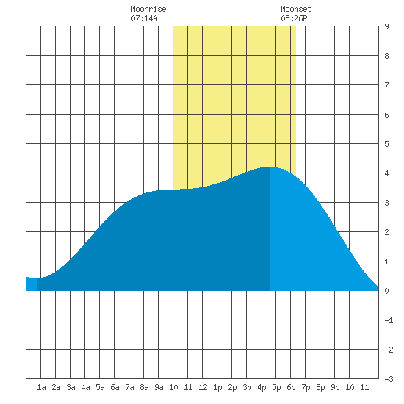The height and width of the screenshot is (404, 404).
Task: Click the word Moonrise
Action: click(148, 9)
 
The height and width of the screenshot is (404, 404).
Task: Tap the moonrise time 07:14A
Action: click(144, 18)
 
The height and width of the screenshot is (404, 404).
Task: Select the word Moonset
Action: click(296, 9)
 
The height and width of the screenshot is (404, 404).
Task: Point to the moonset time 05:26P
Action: click(294, 18)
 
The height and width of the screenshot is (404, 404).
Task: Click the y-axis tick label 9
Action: click(386, 26)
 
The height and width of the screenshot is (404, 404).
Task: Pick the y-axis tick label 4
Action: click(386, 173)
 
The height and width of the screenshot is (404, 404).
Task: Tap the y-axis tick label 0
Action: click(386, 291)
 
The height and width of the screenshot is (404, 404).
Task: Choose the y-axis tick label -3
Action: click(389, 379)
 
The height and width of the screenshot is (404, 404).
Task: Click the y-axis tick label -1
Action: click(389, 320)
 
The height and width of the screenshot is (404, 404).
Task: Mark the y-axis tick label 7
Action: click(386, 85)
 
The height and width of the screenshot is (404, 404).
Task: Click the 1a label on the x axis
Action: click(41, 387)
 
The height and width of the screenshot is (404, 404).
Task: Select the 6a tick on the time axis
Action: click(115, 387)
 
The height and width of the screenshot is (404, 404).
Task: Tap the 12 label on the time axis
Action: click(203, 387)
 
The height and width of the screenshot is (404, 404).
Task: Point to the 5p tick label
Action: click(276, 387)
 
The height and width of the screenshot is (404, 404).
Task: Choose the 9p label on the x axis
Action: click(335, 387)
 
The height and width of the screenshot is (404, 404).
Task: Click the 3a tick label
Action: click(71, 387)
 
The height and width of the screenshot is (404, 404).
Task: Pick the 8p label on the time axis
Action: click(320, 387)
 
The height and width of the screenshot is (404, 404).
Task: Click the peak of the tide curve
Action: click(269, 167)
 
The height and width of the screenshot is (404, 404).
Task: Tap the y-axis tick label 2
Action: click(386, 232)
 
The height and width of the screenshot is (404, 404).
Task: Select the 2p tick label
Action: click(232, 387)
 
